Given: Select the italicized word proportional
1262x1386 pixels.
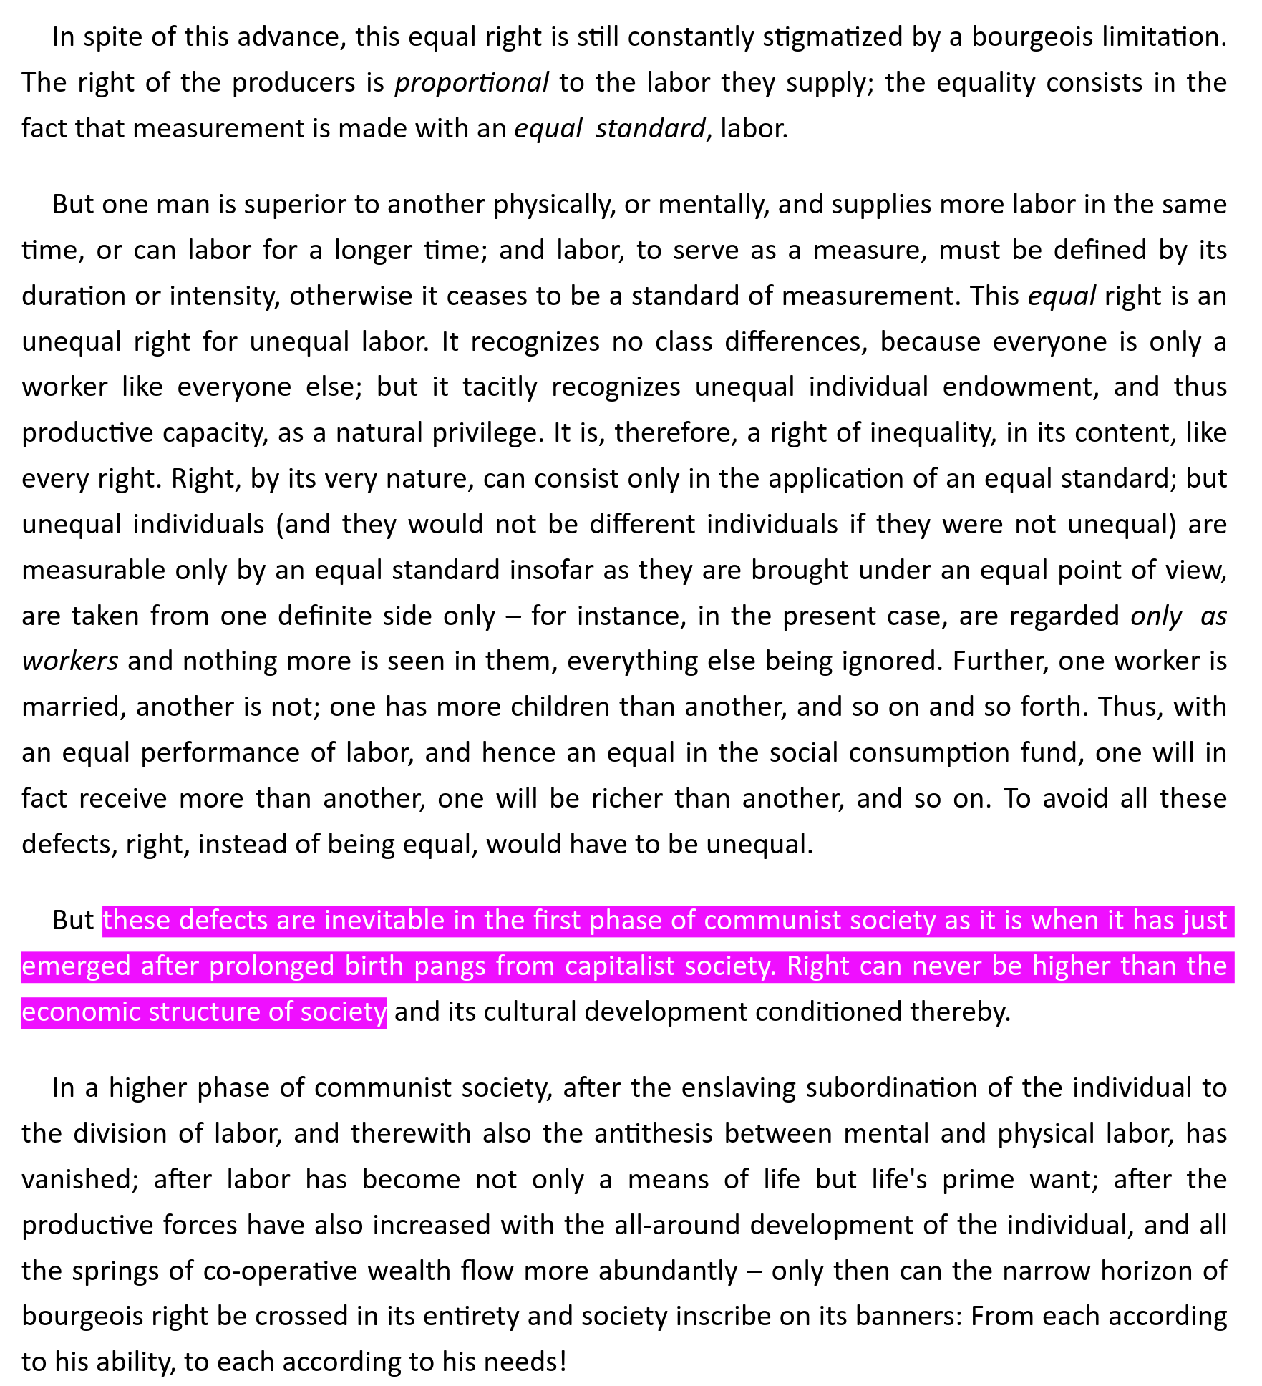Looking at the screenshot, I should (472, 83).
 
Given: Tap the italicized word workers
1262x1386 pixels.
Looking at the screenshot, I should (70, 661).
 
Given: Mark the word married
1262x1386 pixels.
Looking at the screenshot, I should (70, 707).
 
